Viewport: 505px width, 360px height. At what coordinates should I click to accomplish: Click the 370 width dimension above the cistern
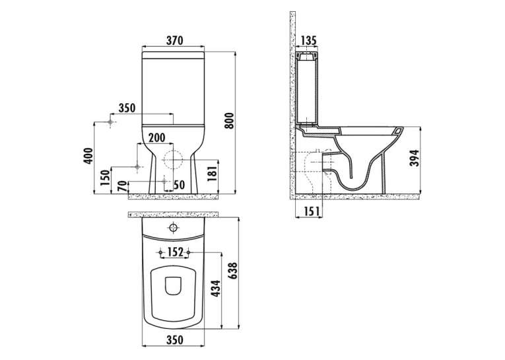tap(174, 40)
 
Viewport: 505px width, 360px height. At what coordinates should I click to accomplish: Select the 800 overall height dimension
tap(229, 121)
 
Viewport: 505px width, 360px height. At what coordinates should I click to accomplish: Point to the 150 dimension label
tap(106, 178)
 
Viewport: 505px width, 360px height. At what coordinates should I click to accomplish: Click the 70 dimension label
tap(122, 186)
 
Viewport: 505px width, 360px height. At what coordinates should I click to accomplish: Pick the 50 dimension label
tap(180, 185)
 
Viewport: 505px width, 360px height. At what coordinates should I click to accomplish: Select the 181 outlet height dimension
tap(213, 171)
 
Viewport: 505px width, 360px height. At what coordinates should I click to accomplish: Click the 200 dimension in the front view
tap(156, 137)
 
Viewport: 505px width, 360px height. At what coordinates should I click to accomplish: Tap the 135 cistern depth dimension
tap(308, 40)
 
